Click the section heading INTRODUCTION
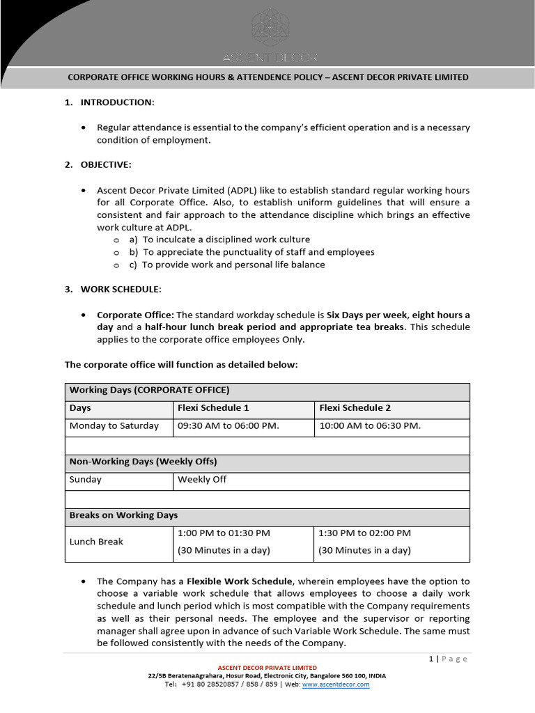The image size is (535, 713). [x=116, y=102]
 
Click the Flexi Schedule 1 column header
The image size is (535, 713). [x=213, y=407]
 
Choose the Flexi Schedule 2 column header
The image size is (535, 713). [x=354, y=407]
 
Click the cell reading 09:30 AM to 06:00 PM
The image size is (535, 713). [x=228, y=425]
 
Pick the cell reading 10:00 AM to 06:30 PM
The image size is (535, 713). [x=369, y=425]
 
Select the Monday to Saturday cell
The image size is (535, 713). [x=114, y=425]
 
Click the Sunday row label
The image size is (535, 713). [x=86, y=479]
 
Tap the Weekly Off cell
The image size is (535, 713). [x=202, y=479]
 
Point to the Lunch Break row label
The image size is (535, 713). [x=96, y=541]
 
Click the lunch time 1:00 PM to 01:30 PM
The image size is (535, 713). [x=224, y=533]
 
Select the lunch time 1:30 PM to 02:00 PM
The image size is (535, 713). [x=364, y=533]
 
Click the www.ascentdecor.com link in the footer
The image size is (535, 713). [x=336, y=684]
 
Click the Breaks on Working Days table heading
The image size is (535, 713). [x=123, y=515]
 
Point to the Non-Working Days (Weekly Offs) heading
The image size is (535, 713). [x=143, y=461]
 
